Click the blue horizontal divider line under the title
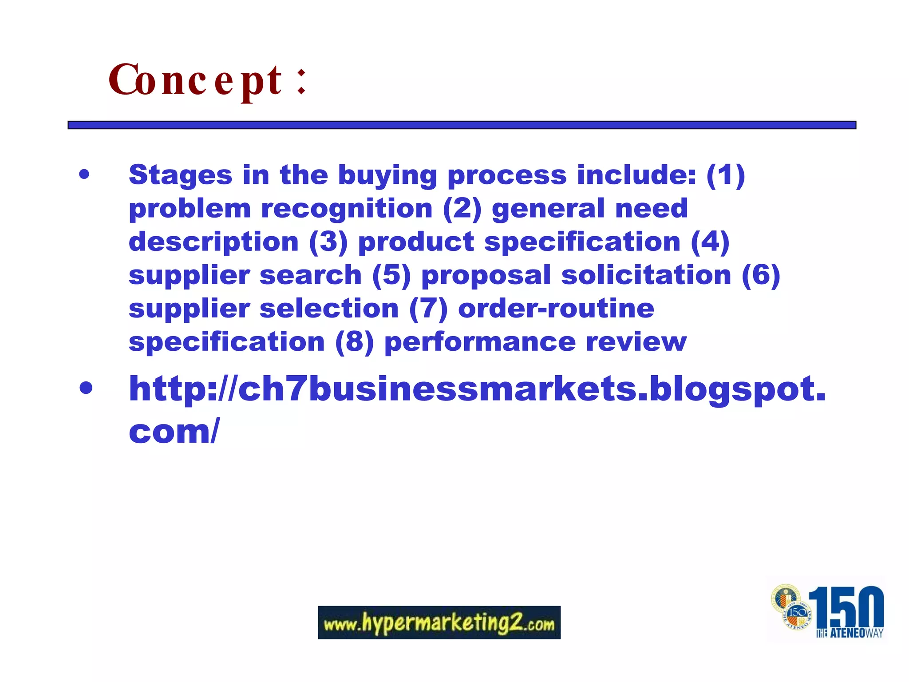[x=462, y=125]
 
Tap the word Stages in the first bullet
[x=180, y=175]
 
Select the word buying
[x=387, y=175]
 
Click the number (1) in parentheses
[x=725, y=175]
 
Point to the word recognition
[x=347, y=208]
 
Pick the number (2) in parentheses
[x=462, y=208]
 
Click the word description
[x=213, y=242]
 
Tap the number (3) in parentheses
[x=328, y=242]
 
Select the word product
[x=416, y=242]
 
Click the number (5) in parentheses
[x=391, y=275]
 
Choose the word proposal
[x=486, y=275]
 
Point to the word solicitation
[x=646, y=275]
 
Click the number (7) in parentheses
[x=428, y=308]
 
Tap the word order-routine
[x=556, y=308]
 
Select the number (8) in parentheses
[x=355, y=341]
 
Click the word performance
[x=480, y=341]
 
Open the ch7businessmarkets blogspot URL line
[x=477, y=389]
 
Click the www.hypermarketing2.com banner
[x=439, y=623]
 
